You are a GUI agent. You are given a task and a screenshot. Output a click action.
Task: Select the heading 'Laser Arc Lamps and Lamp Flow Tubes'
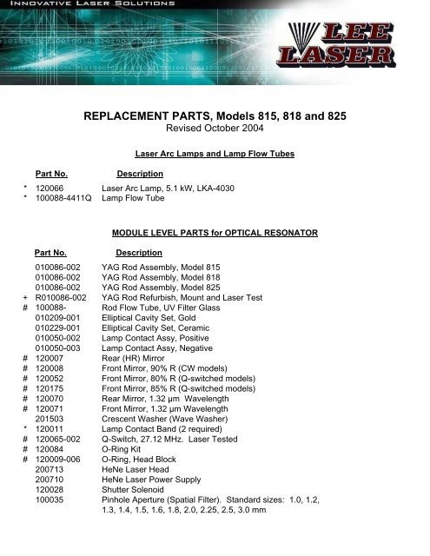(214, 153)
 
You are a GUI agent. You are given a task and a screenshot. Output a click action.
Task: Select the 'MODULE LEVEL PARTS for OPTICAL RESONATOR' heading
(214, 232)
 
